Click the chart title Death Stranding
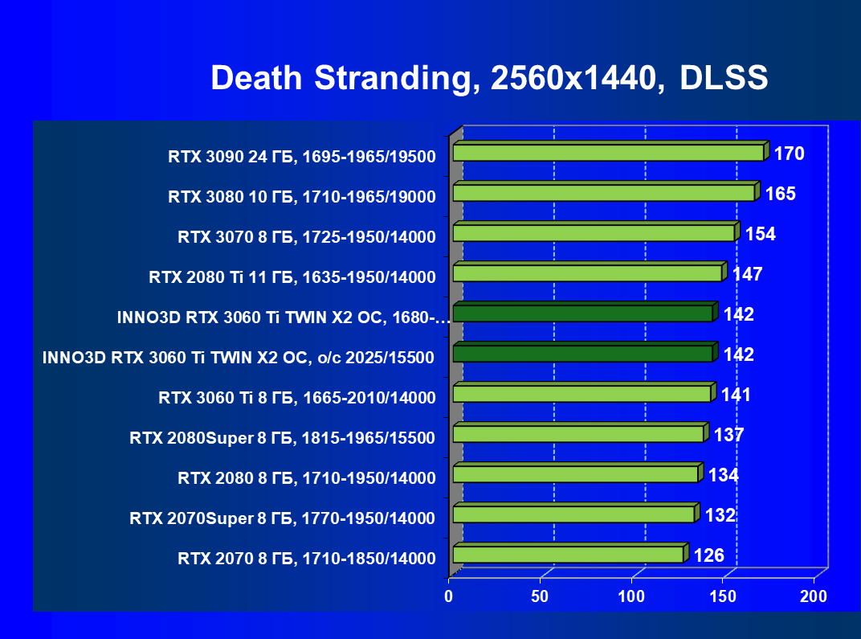coord(489,78)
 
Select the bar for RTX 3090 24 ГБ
coord(608,153)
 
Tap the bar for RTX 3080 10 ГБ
coord(603,193)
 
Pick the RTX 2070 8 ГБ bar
coord(568,555)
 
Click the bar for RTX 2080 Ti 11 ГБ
coord(587,273)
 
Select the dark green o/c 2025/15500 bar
coord(582,354)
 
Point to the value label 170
coord(789,154)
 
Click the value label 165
coord(780,194)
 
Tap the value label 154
coord(760,234)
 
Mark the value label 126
coord(709,555)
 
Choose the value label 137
coord(728,435)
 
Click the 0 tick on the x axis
coord(450,596)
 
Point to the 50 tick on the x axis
coord(541,596)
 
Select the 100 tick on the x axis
coord(632,596)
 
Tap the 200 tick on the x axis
coord(814,596)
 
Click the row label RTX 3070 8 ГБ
coord(307,237)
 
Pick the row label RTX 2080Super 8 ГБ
coord(283,438)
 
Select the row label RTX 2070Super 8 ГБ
coord(283,518)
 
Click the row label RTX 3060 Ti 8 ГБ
coord(297,398)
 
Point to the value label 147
coord(747,274)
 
